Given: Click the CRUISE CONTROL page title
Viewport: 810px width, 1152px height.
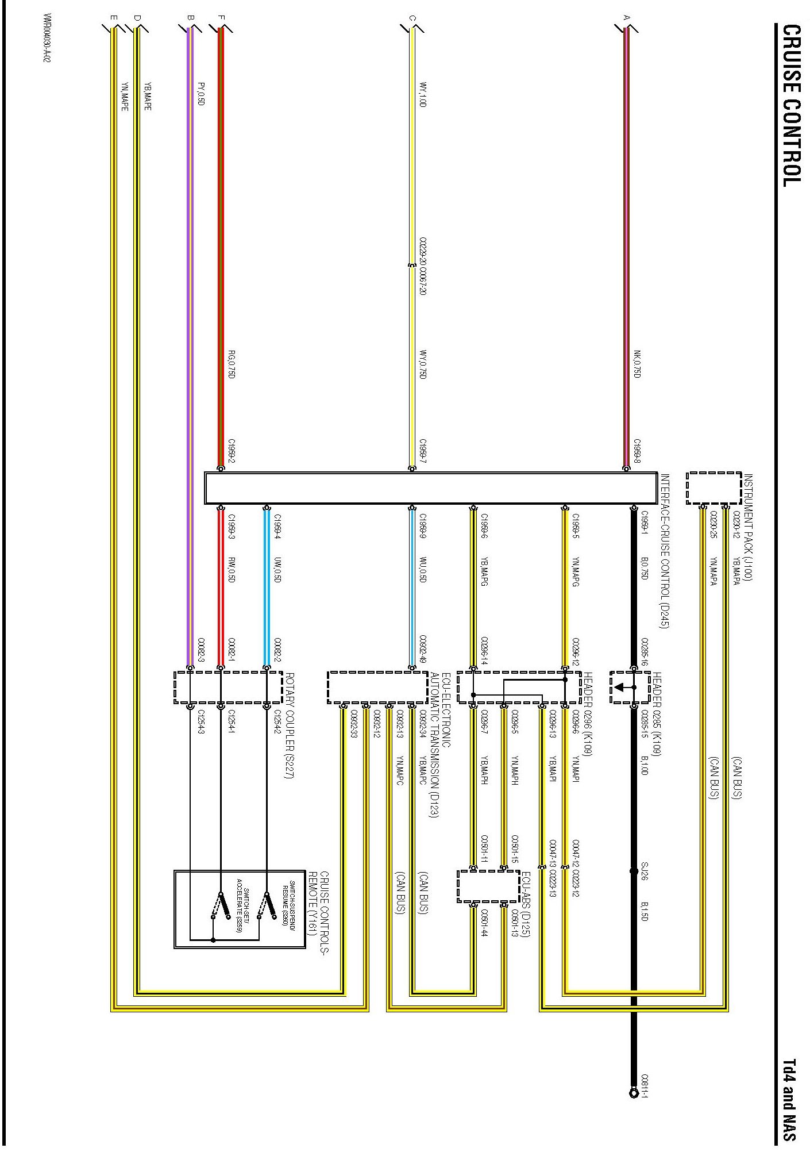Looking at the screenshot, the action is coord(792,106).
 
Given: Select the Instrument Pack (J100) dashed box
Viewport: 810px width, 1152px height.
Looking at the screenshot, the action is coord(713,488).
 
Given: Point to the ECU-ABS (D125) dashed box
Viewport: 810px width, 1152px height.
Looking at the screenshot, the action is coord(488,886).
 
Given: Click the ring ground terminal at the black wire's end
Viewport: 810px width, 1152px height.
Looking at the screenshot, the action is coord(634,1092).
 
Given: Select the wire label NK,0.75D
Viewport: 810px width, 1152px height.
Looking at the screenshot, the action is coord(637,364).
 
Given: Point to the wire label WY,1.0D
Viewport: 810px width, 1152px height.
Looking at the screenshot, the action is coord(423,94).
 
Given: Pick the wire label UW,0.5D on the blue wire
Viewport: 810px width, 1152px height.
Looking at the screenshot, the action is coord(277,570).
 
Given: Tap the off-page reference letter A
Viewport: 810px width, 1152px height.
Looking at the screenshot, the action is coord(627,18).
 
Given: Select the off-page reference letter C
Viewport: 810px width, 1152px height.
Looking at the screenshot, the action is coord(412,18).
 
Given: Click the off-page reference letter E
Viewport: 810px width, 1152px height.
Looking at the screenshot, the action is coord(114,18).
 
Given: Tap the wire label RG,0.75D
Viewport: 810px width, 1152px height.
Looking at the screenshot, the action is coord(232,364).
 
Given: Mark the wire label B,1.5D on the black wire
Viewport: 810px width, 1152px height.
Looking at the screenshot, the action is coord(645,911).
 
